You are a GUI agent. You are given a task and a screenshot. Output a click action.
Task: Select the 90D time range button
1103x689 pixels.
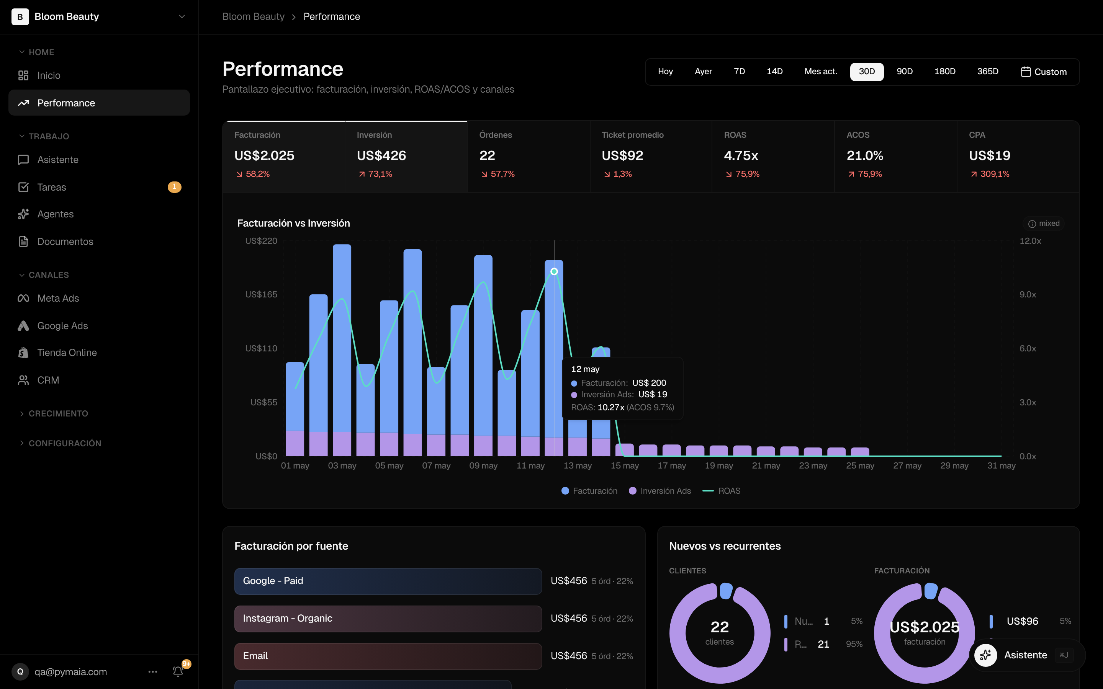904,72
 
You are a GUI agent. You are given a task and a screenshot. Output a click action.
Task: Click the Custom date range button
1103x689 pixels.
1043,72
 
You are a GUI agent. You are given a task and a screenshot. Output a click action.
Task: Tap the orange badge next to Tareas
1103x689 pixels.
174,187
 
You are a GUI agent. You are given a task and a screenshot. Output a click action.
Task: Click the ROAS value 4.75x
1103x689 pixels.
741,155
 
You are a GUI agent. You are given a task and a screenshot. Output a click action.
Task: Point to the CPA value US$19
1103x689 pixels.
990,155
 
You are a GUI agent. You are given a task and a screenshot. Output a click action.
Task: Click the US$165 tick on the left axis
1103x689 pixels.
261,294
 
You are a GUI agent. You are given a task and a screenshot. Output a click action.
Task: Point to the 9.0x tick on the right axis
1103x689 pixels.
1028,294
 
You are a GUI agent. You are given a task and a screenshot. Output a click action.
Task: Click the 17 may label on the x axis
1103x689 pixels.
671,465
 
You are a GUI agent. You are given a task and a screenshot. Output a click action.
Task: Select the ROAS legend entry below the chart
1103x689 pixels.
722,491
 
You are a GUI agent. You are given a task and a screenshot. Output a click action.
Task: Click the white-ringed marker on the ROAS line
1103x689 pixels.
554,272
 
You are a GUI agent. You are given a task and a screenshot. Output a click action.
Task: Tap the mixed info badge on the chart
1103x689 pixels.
1044,223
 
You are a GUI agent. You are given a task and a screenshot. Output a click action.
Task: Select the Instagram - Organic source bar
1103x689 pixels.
388,618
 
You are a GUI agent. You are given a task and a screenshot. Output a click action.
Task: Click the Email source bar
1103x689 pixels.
388,656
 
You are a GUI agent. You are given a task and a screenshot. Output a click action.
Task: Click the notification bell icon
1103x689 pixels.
178,671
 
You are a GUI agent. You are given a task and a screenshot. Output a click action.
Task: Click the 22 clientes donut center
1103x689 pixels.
720,632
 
